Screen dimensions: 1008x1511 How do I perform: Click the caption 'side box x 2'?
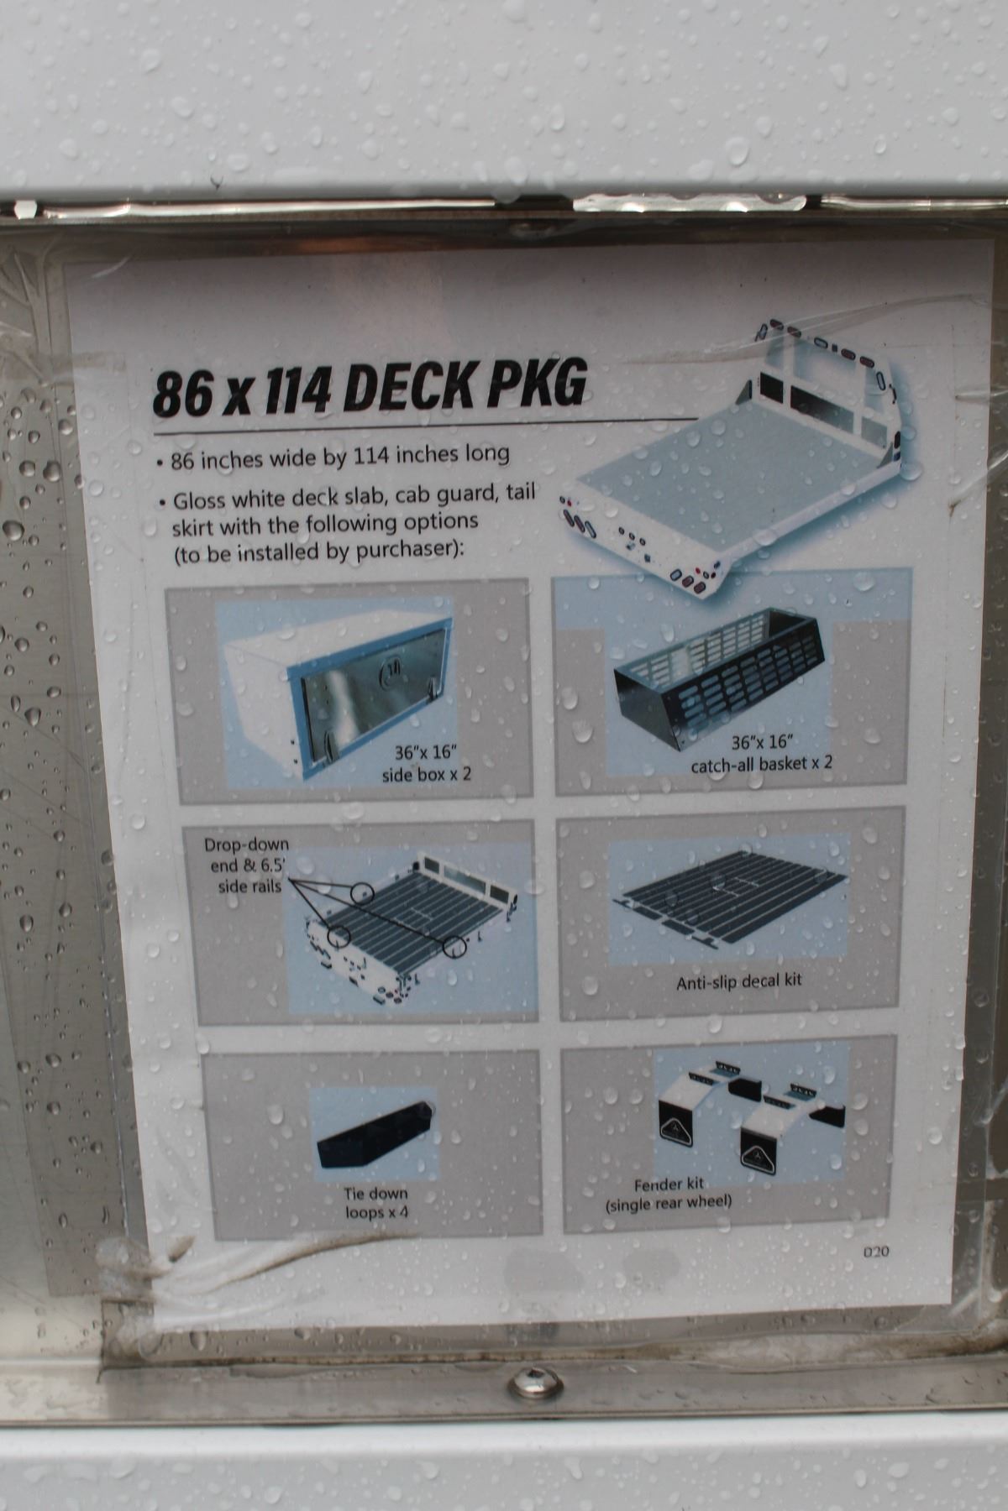click(427, 773)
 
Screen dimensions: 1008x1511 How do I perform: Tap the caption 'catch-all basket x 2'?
click(762, 765)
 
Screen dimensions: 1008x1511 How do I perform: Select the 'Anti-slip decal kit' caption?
click(739, 980)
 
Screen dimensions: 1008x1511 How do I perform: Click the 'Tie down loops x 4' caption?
click(375, 1202)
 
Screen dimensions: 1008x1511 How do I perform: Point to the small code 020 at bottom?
click(876, 1252)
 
